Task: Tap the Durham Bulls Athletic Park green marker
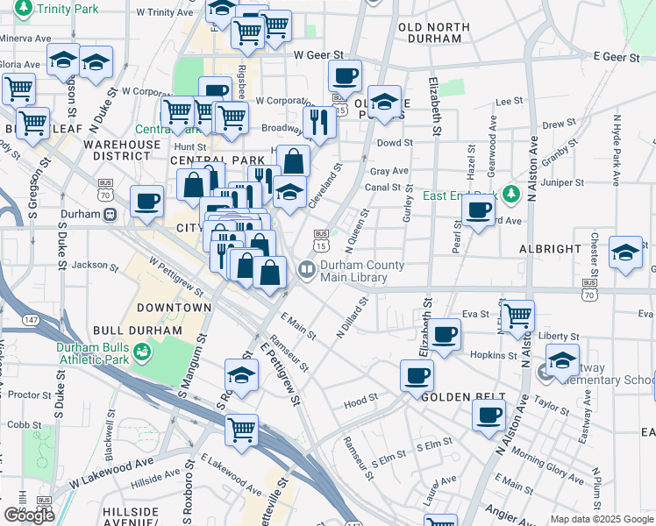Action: click(143, 352)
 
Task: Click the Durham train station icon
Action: click(110, 214)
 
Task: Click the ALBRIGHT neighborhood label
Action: click(549, 249)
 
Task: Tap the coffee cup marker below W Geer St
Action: click(346, 75)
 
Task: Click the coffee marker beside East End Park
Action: click(478, 210)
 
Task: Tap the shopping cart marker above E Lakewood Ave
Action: click(241, 430)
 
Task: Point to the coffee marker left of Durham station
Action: click(146, 202)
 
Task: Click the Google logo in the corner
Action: click(29, 515)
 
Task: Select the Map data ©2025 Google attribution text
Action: click(601, 519)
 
